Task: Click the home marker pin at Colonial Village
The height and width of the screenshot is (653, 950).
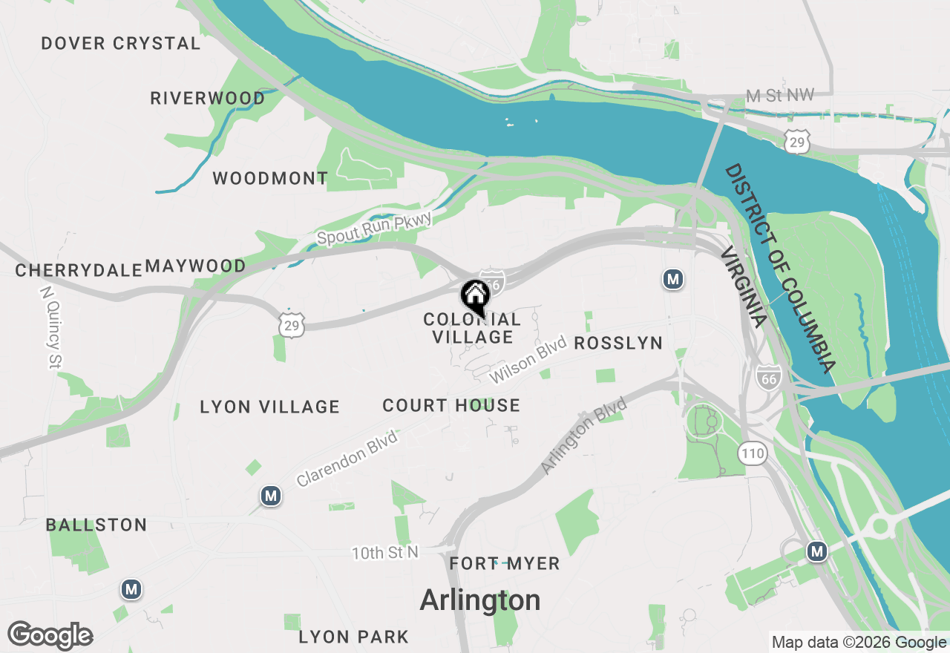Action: point(475,297)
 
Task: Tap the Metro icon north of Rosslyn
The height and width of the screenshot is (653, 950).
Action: point(673,280)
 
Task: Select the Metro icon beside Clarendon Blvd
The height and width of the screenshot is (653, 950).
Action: point(271,495)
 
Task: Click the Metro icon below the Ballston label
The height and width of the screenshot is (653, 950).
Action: point(131,590)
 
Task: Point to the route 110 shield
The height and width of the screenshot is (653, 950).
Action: point(752,453)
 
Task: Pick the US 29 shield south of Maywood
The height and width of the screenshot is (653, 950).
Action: point(292,324)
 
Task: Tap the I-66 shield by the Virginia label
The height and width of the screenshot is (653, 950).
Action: point(768,377)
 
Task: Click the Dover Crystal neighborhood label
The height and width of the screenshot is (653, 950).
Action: point(121,44)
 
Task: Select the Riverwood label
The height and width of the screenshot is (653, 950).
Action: point(208,99)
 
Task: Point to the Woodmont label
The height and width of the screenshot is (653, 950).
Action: point(270,179)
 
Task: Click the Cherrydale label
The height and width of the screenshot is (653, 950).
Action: point(79,271)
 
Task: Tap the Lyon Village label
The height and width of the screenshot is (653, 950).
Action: point(269,407)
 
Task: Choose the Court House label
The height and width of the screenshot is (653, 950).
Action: point(451,406)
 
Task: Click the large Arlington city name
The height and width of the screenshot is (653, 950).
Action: point(480,600)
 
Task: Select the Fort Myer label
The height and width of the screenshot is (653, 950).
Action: point(505,564)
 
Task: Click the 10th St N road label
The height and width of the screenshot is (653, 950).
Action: point(385,553)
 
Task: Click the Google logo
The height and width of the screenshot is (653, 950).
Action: point(50,636)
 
